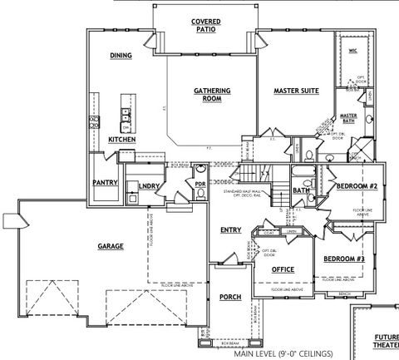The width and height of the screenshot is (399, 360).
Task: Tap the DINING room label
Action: pyautogui.click(x=122, y=56)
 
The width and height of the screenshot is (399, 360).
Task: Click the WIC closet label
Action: pyautogui.click(x=352, y=51)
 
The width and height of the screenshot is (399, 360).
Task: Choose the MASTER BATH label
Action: pyautogui.click(x=348, y=119)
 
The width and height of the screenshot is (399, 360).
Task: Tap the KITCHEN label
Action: pyautogui.click(x=121, y=140)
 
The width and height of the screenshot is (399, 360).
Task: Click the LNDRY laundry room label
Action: pyautogui.click(x=150, y=186)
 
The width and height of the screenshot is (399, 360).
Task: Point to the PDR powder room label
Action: pyautogui.click(x=199, y=185)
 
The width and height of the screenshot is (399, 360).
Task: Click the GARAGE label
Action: pyautogui.click(x=111, y=246)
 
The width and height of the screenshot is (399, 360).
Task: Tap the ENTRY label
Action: pyautogui.click(x=230, y=229)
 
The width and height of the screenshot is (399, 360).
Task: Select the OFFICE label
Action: pyautogui.click(x=283, y=269)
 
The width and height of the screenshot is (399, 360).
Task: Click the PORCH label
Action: pyautogui.click(x=230, y=297)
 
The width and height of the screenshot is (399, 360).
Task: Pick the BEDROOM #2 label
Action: pyautogui.click(x=357, y=188)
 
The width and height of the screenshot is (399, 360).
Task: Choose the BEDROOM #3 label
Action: pyautogui.click(x=343, y=259)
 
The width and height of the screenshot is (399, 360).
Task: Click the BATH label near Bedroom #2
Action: pyautogui.click(x=301, y=191)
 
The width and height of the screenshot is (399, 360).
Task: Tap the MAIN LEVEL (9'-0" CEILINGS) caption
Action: pyautogui.click(x=283, y=353)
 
